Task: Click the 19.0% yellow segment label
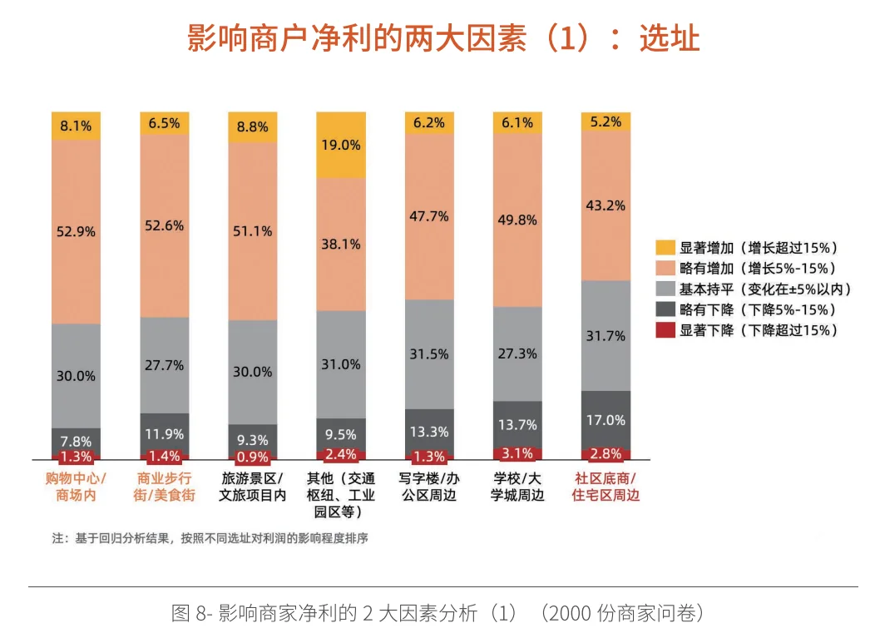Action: (341, 145)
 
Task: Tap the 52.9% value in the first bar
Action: (76, 232)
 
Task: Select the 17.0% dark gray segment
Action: (606, 420)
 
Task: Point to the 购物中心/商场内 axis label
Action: (76, 487)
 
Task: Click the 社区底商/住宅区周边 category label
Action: (606, 487)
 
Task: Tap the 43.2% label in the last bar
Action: (606, 205)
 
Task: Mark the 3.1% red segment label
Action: (518, 453)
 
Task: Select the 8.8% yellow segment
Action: (253, 127)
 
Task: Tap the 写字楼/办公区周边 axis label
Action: (429, 487)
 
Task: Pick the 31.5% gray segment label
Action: (429, 354)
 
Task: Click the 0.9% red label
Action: (253, 457)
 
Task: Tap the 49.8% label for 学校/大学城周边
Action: (518, 220)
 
